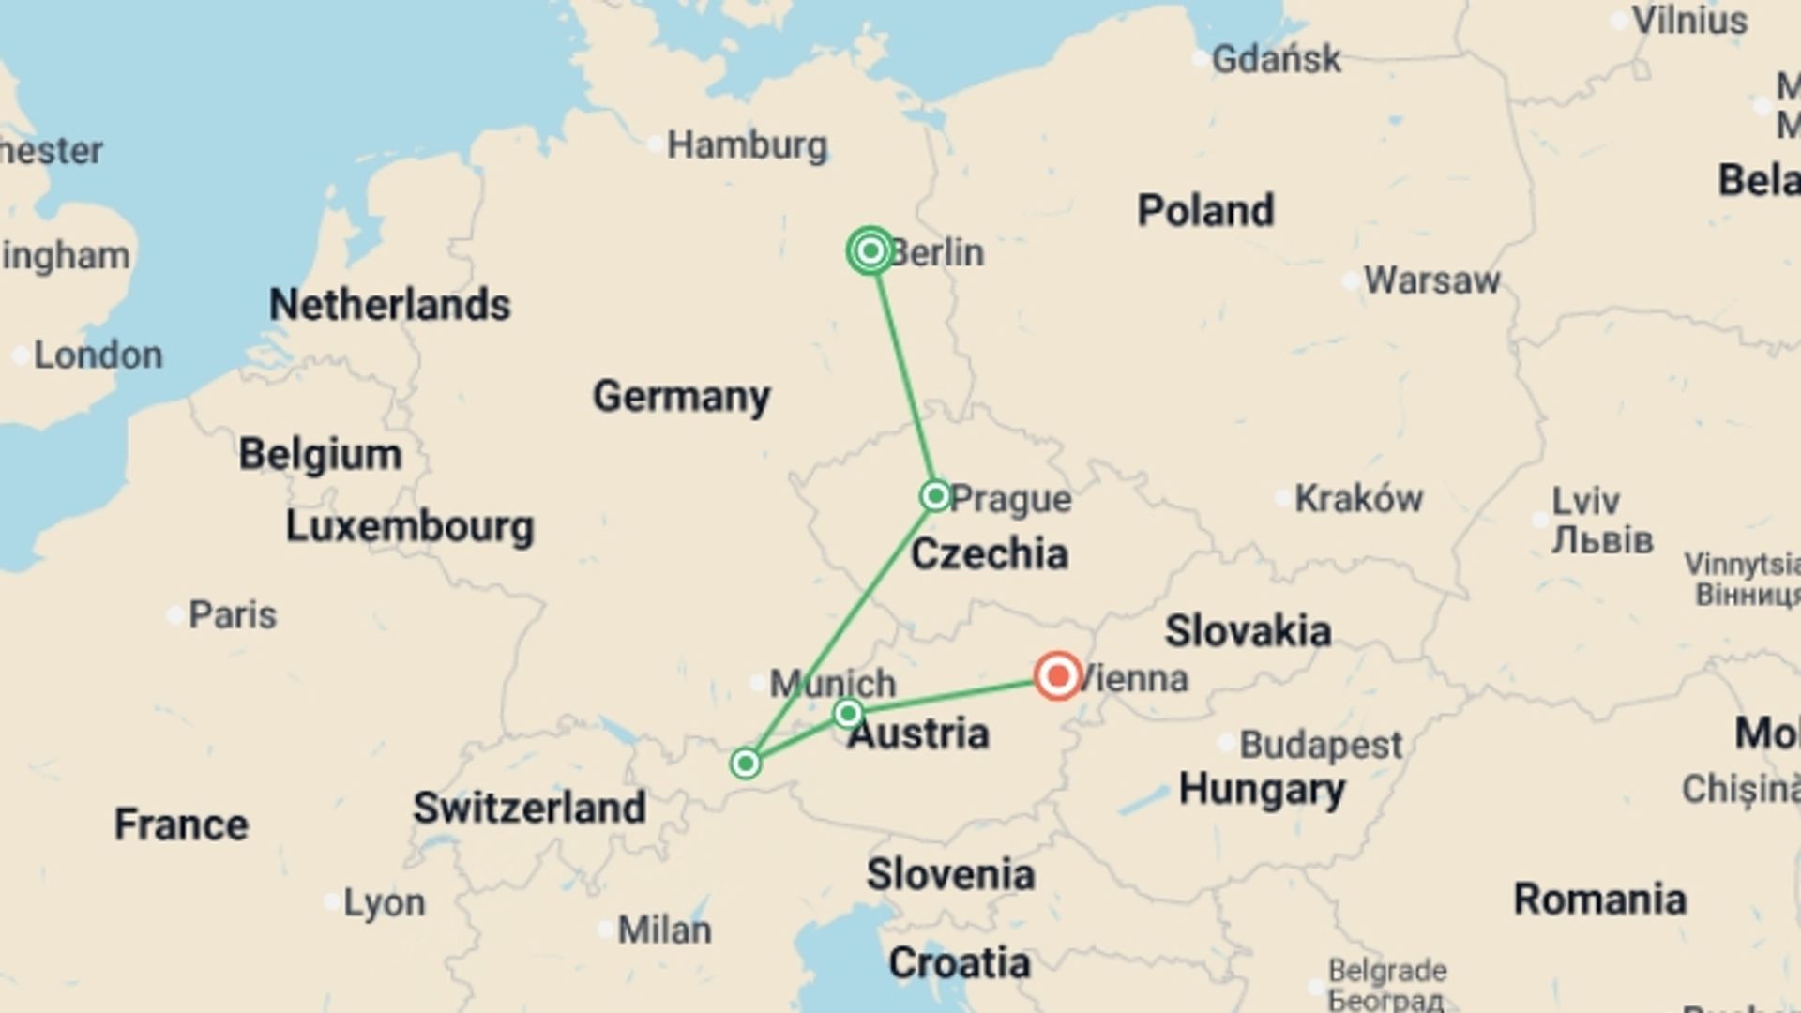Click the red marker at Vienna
coord(1058,675)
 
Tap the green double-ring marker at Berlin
coord(870,250)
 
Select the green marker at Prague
coord(935,495)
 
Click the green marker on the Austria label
coord(848,714)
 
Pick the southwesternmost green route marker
coord(746,764)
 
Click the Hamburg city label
coord(747,145)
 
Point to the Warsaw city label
coord(1431,280)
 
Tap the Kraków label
coord(1358,498)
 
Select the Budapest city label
coord(1321,745)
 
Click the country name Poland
coord(1205,210)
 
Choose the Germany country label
coord(682,396)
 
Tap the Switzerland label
coord(529,808)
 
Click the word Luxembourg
coord(410,526)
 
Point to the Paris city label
coord(232,615)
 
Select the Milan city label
coord(664,930)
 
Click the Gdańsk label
coord(1276,59)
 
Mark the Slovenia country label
coord(950,874)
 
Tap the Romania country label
coord(1599,899)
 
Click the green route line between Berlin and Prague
coord(904,375)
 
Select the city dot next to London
coord(20,356)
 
